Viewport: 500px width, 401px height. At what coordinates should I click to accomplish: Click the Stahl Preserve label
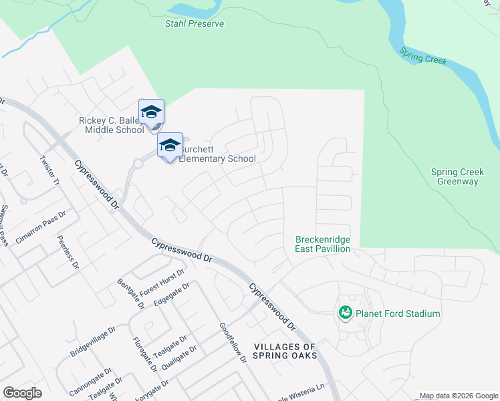point(194,23)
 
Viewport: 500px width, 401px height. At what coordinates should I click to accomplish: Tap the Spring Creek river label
point(422,55)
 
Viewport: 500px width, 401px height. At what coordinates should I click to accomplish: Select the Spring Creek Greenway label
point(458,176)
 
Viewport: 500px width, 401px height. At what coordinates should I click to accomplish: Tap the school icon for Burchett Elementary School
point(170,145)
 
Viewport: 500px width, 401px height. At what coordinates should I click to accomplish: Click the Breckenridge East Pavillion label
point(323,244)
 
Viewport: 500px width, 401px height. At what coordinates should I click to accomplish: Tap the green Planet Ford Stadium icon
point(345,312)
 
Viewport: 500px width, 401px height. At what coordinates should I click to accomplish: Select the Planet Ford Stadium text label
point(398,313)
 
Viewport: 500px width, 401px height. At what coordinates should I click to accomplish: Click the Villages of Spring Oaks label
point(284,352)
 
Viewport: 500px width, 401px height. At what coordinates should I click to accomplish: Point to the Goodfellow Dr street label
point(233,343)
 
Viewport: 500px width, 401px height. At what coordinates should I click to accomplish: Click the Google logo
point(23,392)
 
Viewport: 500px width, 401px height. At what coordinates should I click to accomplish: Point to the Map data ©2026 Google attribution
point(458,396)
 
